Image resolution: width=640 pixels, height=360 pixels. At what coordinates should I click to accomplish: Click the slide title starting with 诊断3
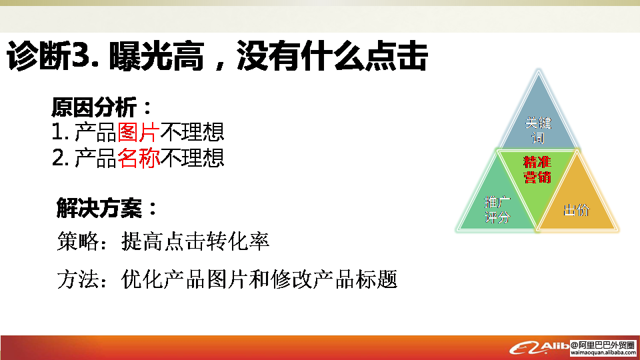click(x=217, y=56)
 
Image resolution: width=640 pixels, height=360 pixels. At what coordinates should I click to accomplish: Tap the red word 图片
click(x=139, y=132)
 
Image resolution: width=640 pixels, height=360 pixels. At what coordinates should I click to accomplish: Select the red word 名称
click(x=139, y=158)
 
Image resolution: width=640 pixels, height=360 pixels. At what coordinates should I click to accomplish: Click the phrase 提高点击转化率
click(x=195, y=241)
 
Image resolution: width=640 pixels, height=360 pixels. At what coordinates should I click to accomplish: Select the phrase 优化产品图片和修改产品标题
click(x=259, y=279)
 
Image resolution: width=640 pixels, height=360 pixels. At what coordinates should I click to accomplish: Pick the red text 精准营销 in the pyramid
click(x=537, y=170)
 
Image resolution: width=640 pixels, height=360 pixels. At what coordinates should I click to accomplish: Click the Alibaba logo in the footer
click(x=539, y=348)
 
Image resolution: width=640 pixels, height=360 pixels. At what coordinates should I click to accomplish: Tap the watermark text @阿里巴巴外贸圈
click(x=603, y=345)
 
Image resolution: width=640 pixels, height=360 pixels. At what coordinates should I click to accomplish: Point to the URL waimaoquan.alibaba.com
click(x=603, y=353)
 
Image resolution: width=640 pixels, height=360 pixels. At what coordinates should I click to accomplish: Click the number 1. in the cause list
click(x=60, y=132)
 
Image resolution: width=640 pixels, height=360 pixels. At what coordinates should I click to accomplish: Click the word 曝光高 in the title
click(x=156, y=56)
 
